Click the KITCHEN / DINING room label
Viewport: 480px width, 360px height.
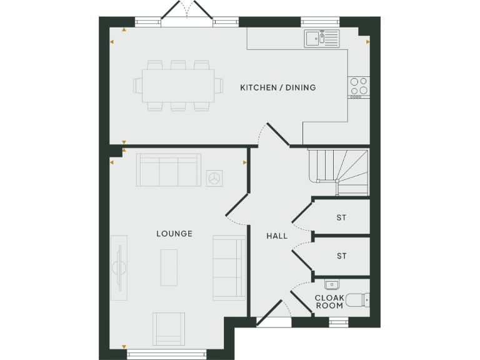[x=277, y=87]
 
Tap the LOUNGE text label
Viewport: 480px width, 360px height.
[x=174, y=234]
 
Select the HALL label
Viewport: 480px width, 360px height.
[x=277, y=236]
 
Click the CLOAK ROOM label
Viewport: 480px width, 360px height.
[x=329, y=302]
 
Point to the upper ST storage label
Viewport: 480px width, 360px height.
[x=341, y=218]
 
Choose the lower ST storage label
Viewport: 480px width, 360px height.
[x=341, y=256]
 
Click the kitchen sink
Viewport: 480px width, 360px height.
[x=321, y=38]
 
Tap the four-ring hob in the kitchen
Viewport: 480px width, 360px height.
[x=359, y=87]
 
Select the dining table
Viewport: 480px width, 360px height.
[x=178, y=86]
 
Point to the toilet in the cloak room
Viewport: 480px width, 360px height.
[x=357, y=300]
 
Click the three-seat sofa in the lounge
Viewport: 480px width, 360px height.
[x=169, y=170]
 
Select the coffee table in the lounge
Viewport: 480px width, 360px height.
[x=169, y=267]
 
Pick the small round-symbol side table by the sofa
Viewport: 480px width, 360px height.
[x=216, y=177]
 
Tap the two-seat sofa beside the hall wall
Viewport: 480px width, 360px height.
[x=229, y=267]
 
